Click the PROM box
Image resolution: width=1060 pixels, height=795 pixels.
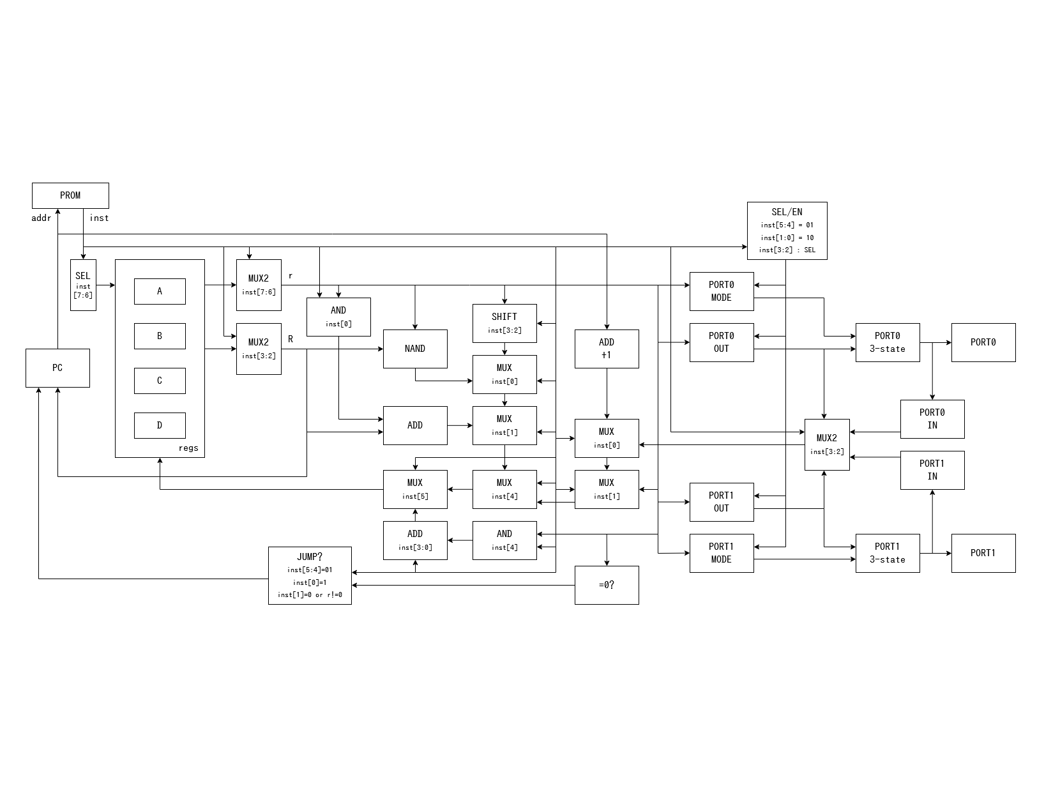(70, 195)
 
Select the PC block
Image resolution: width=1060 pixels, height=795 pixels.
(57, 368)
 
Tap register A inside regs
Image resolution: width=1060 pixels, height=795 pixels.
(160, 291)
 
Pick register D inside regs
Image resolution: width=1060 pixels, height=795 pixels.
(160, 425)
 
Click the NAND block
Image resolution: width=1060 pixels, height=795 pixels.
(415, 349)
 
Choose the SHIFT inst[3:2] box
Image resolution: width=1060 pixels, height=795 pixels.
(504, 323)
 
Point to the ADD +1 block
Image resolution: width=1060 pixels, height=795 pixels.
(607, 349)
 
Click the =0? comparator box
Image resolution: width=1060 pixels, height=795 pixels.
(607, 585)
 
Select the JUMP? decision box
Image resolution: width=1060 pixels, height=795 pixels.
(310, 575)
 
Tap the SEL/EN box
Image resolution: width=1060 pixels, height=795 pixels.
(787, 231)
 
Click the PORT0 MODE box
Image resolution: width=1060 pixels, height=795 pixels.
(722, 291)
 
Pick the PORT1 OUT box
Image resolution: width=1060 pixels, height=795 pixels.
(722, 502)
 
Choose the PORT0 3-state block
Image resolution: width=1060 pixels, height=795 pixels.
(888, 342)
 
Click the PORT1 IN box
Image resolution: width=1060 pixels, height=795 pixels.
(932, 470)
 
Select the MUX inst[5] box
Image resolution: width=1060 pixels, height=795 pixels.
(415, 489)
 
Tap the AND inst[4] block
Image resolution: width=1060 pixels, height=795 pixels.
(504, 540)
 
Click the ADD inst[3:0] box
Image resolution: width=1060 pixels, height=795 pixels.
(415, 540)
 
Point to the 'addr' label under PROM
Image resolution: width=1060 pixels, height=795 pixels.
(42, 218)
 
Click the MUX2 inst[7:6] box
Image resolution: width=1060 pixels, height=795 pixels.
(259, 285)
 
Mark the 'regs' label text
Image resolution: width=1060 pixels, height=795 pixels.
(188, 448)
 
